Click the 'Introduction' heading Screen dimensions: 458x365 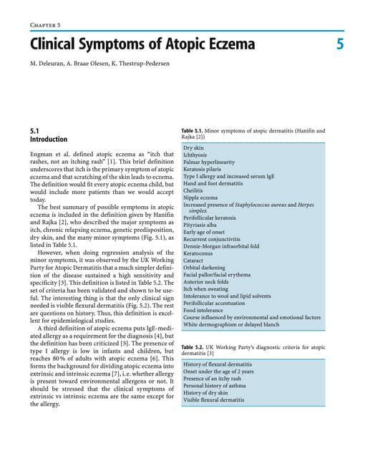click(x=48, y=140)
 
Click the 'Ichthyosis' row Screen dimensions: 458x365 click(x=196, y=155)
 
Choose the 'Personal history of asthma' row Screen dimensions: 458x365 click(x=218, y=386)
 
